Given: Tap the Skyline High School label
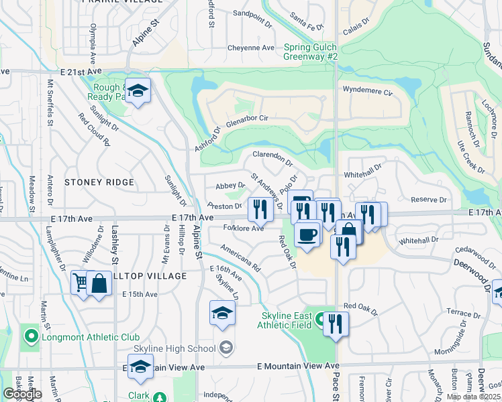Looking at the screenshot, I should coord(174,348).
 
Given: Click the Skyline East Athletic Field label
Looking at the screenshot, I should coord(286,320).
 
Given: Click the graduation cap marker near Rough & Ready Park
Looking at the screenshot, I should coord(138,91).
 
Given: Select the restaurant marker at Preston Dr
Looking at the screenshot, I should coord(258,208).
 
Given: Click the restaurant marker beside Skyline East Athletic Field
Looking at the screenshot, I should coord(335,324).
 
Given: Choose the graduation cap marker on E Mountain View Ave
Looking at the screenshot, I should coord(140,367).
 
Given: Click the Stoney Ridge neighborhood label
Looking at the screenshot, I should coord(99,182).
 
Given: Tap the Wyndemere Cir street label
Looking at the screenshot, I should coord(366,88).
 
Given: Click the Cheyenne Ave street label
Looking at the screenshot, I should coord(251,48).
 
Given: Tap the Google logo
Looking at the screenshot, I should coord(22,394).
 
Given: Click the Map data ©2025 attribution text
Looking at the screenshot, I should coord(474,397).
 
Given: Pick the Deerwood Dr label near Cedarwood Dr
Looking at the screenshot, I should coord(474,271).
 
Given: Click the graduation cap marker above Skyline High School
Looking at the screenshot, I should coord(222,314).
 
